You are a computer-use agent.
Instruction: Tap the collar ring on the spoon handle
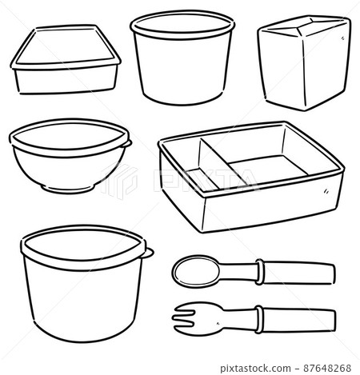259,271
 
